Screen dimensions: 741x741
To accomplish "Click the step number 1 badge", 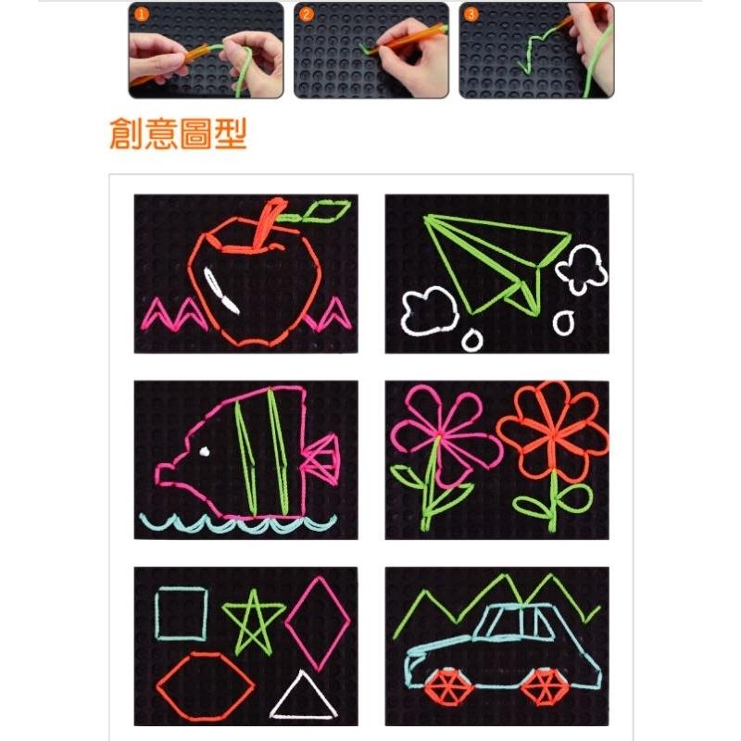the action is (141, 14).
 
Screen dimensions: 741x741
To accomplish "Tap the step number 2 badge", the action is (306, 14).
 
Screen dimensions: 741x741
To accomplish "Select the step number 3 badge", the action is (471, 14).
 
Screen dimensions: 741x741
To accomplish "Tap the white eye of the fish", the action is (205, 452).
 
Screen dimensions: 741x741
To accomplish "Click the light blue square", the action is (157, 614).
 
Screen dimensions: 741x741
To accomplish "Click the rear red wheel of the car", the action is (544, 688).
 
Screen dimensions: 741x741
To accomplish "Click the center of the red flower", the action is (553, 433).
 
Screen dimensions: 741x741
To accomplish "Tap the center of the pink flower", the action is (438, 433).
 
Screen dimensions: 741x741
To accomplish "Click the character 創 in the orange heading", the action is (126, 133).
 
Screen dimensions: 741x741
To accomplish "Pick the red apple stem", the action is (266, 223).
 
